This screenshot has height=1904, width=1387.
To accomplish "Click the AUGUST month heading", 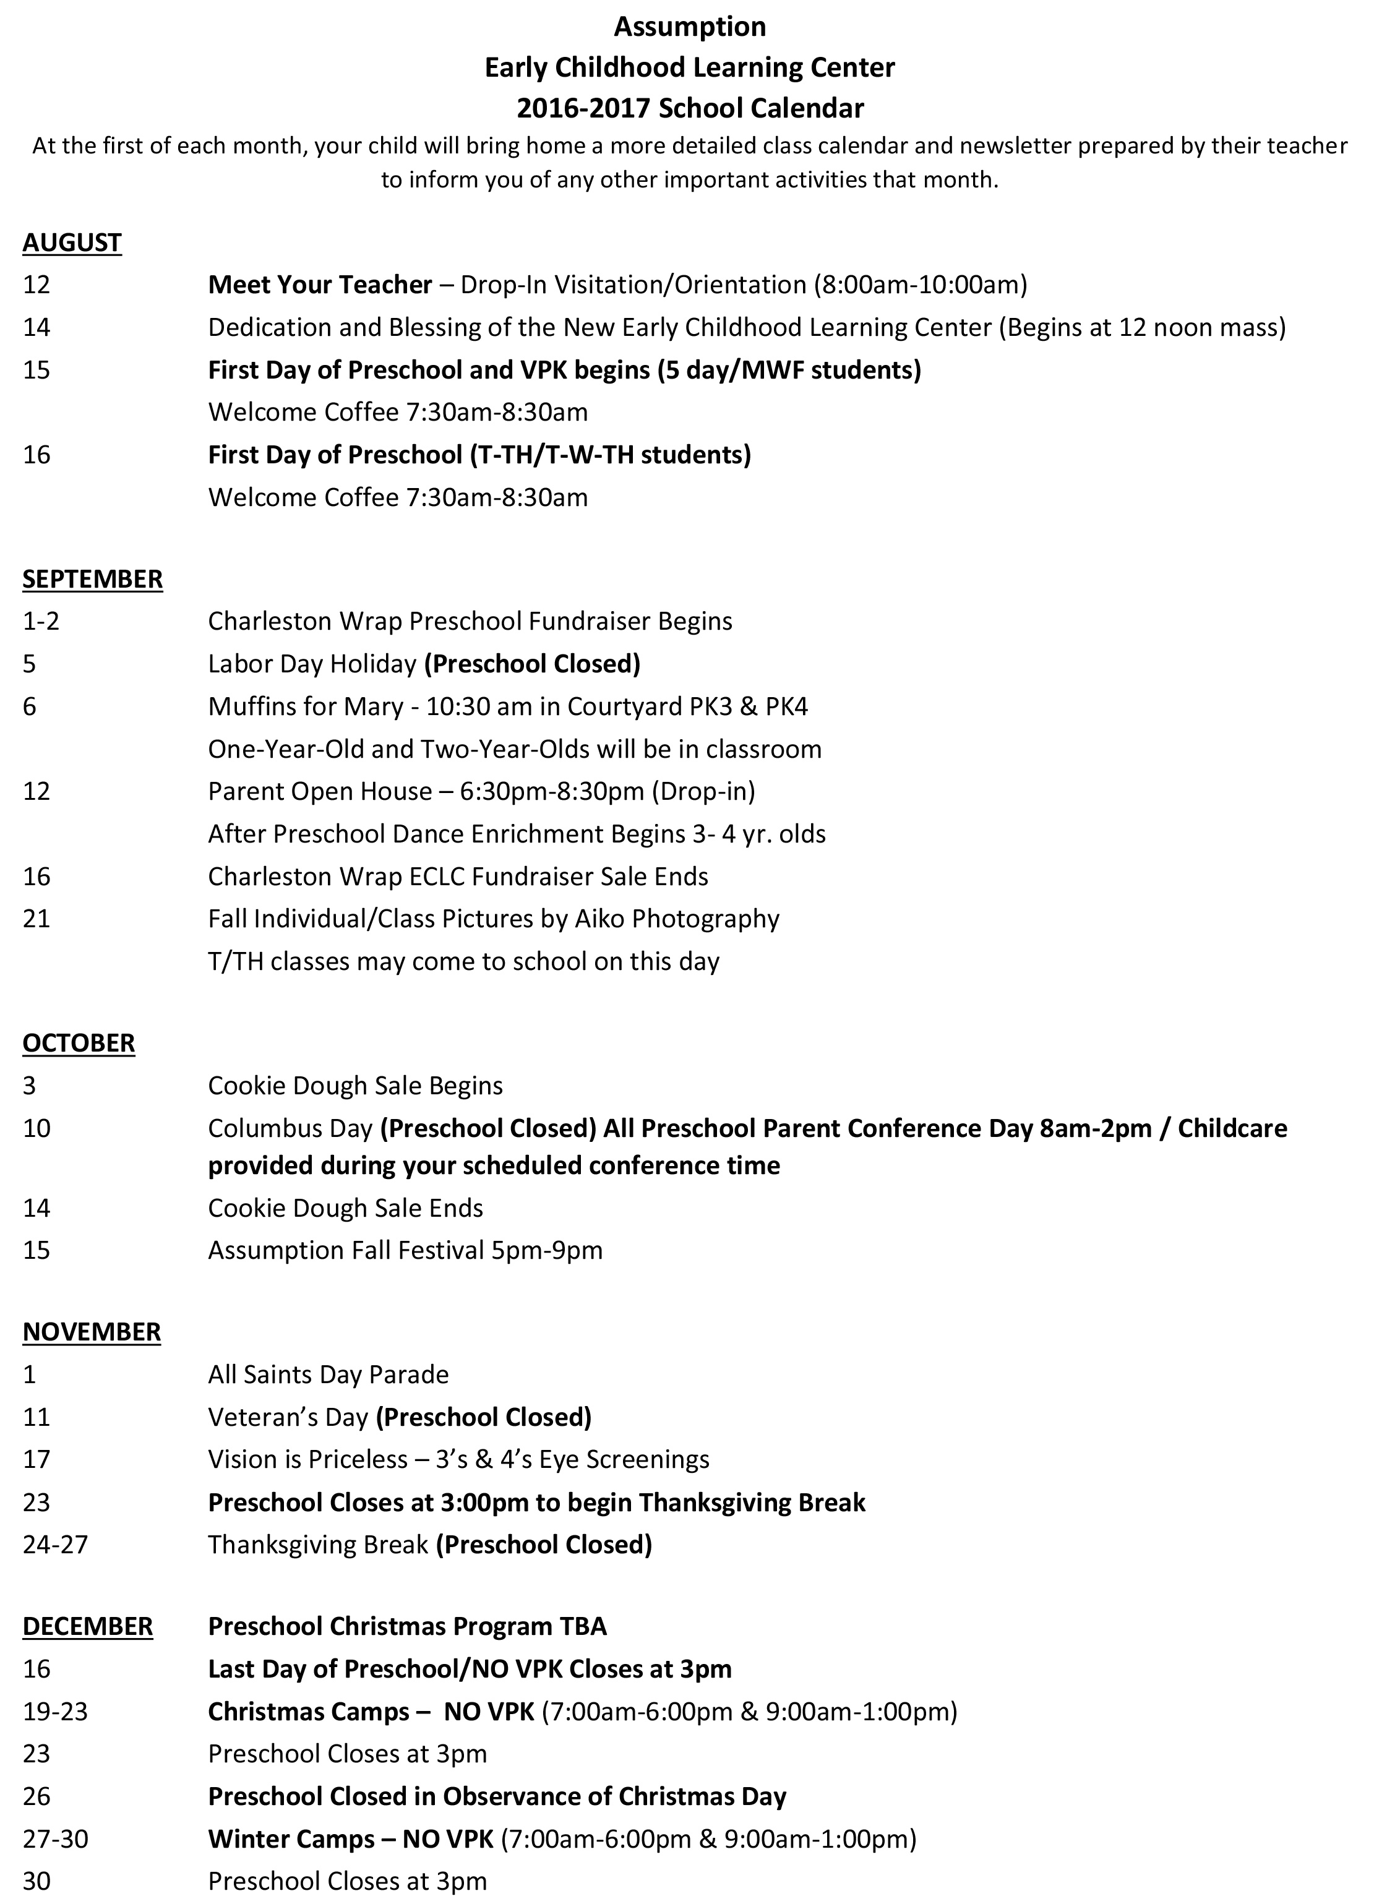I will (72, 242).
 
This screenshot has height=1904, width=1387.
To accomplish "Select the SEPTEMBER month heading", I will (92, 579).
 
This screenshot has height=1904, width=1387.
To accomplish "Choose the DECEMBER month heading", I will (87, 1626).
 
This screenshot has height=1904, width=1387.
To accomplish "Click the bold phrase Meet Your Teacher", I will (320, 285).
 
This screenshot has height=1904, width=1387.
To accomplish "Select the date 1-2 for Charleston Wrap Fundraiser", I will (41, 621).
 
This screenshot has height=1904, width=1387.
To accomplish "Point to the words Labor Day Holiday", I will (312, 664).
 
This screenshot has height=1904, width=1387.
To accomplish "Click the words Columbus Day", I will (290, 1128).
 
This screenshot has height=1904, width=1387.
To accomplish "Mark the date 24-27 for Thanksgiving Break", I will (56, 1545).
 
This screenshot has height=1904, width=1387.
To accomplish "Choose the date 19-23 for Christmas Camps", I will (56, 1712).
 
